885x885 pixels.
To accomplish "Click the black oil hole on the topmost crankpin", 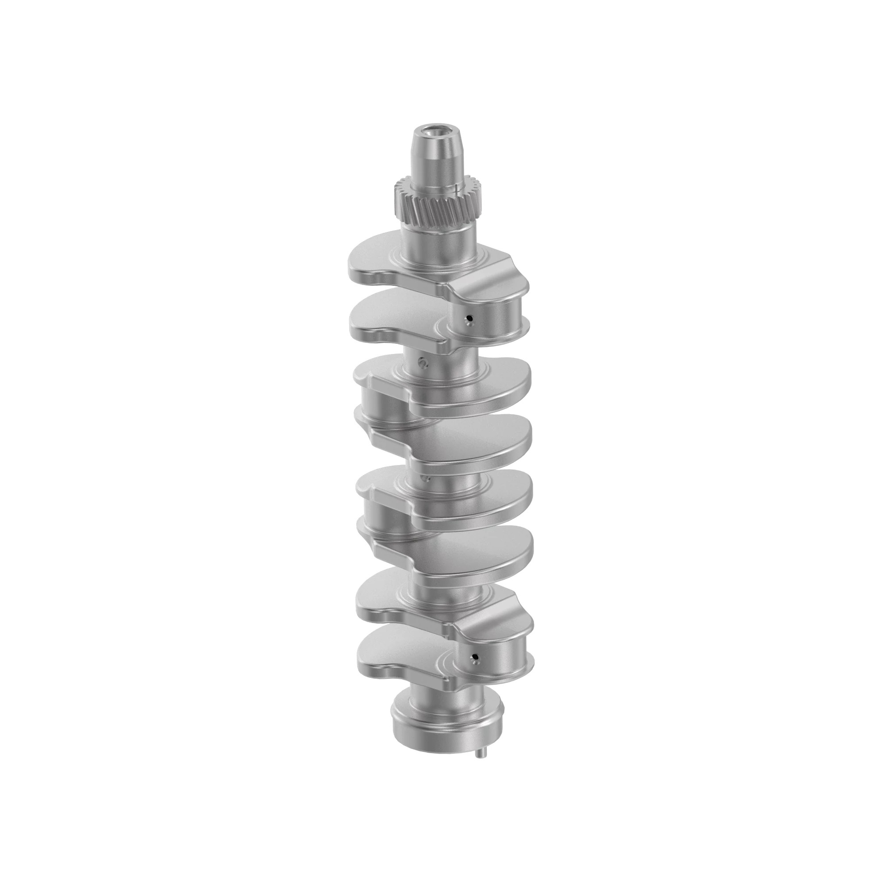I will [469, 317].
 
